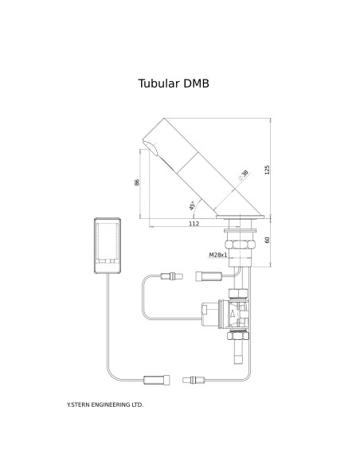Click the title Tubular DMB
pyautogui.click(x=174, y=84)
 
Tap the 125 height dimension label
pyautogui.click(x=267, y=170)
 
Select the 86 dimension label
pyautogui.click(x=137, y=182)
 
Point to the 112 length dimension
pyautogui.click(x=194, y=224)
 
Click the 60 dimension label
pyautogui.click(x=267, y=240)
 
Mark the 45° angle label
pyautogui.click(x=192, y=205)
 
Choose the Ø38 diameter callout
pyautogui.click(x=244, y=175)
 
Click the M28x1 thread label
pyautogui.click(x=218, y=255)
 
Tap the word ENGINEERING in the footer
pyautogui.click(x=111, y=404)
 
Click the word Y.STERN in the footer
pyautogui.click(x=78, y=404)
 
